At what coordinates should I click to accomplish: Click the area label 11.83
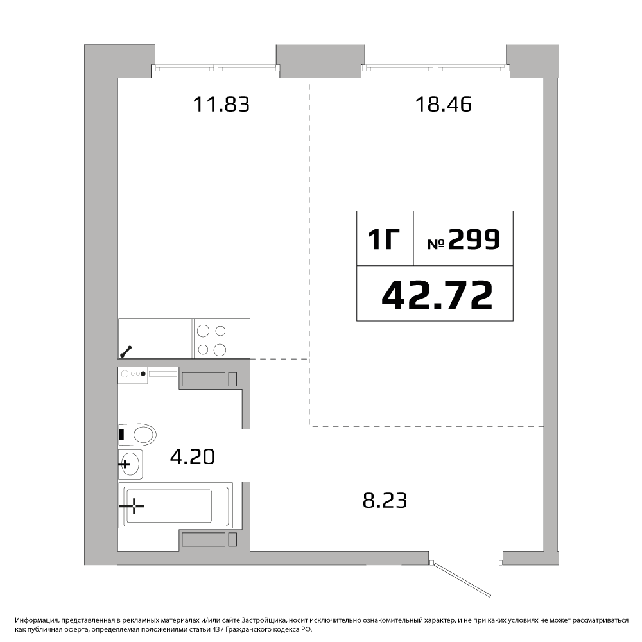(x=221, y=104)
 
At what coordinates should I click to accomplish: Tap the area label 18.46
(x=444, y=104)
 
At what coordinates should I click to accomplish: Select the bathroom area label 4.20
(x=193, y=456)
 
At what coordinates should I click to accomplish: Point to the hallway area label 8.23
(x=385, y=500)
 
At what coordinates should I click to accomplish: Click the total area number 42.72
(x=437, y=295)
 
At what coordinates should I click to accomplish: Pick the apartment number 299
(x=474, y=239)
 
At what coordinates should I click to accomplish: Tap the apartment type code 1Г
(x=384, y=239)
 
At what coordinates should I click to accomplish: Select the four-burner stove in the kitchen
(x=212, y=340)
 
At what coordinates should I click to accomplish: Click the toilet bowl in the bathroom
(x=138, y=435)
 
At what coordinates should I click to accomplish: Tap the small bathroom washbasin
(x=130, y=464)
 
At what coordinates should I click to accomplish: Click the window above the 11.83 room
(x=215, y=67)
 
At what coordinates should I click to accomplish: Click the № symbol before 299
(x=436, y=244)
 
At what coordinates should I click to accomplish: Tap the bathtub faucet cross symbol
(x=134, y=506)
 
